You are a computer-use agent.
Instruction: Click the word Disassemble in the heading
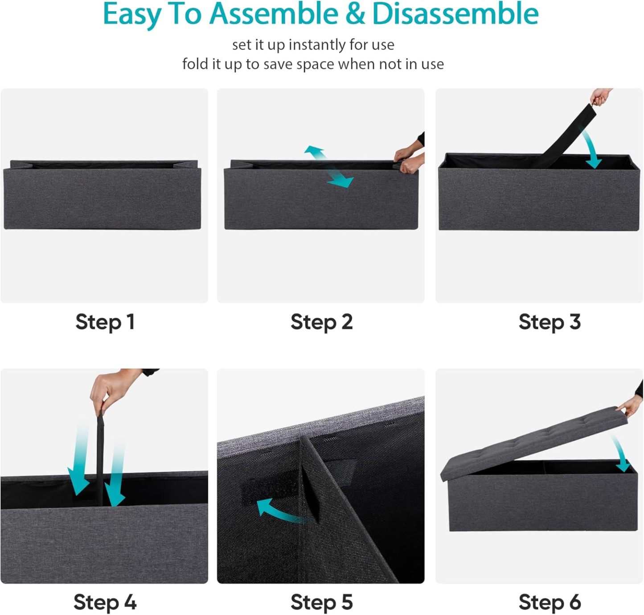click(455, 14)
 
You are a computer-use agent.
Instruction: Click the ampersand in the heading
click(355, 14)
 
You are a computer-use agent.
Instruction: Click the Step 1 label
click(105, 322)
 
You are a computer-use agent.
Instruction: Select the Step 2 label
click(322, 322)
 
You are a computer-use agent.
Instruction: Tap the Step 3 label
click(550, 322)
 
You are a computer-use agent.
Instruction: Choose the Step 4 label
click(105, 602)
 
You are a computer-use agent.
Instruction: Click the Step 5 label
click(322, 602)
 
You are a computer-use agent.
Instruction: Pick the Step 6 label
click(550, 602)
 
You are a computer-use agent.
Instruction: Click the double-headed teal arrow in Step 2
click(328, 166)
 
